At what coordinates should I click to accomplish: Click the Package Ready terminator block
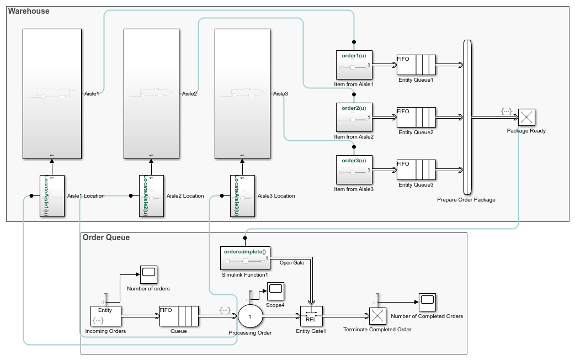pos(528,118)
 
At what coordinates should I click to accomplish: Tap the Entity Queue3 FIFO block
pos(416,170)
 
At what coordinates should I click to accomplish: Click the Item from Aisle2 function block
pos(354,117)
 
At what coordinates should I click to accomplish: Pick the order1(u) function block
pos(354,65)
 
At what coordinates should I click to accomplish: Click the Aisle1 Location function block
pos(52,196)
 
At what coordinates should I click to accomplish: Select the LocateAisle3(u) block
pos(242,196)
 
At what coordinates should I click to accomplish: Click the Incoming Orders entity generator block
pos(105,316)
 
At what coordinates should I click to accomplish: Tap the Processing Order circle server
pos(251,316)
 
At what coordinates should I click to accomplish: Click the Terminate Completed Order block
pos(377,316)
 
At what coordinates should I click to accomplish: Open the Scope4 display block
pos(275,289)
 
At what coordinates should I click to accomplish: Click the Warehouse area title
pos(28,11)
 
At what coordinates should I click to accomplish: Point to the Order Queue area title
pos(106,237)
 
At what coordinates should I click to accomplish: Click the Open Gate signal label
pos(292,263)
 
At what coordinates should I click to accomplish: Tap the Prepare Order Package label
pos(466,199)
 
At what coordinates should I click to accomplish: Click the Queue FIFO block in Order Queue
pos(179,316)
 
